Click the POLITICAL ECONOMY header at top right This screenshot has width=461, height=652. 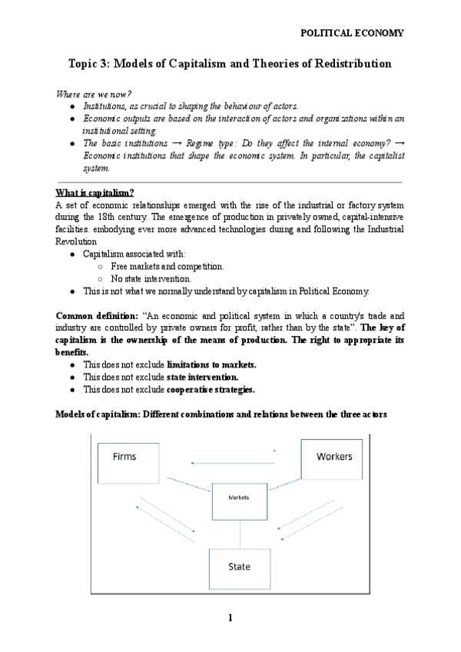click(x=351, y=33)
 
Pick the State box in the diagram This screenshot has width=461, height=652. click(x=240, y=567)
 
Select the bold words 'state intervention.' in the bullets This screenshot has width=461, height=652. click(x=202, y=378)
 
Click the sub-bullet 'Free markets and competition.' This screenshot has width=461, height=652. click(x=167, y=266)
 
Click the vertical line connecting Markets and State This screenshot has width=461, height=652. click(x=240, y=532)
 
